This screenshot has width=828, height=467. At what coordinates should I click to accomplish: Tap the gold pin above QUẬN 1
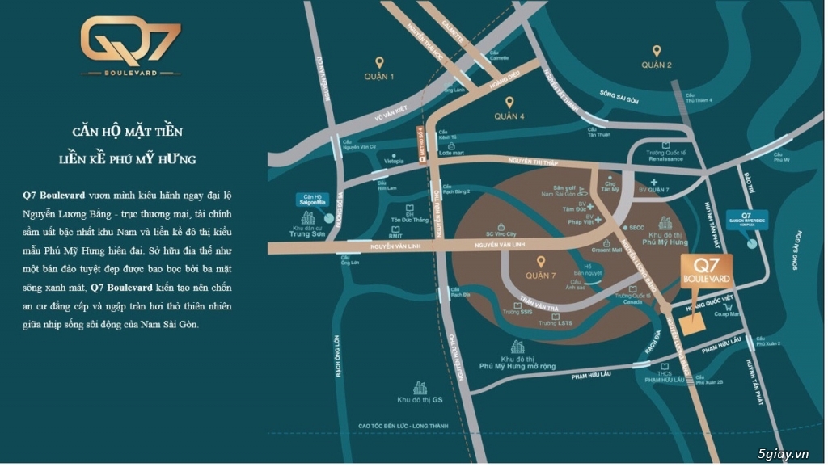click(378, 62)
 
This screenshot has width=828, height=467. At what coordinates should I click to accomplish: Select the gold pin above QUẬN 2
click(657, 48)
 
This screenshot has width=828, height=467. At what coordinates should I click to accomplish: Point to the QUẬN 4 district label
click(510, 116)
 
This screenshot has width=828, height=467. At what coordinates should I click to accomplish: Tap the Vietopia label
click(394, 161)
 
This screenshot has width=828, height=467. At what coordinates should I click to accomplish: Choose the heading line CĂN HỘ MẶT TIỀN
click(121, 131)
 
